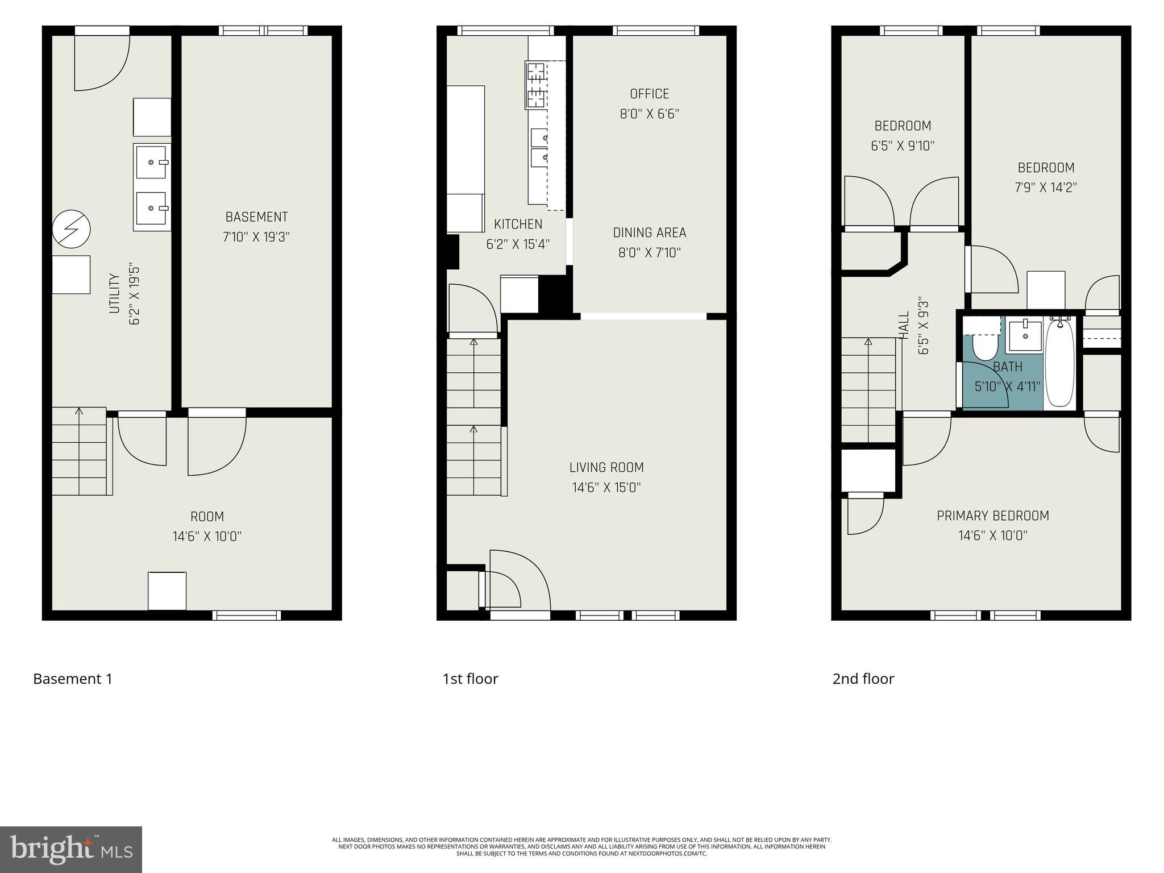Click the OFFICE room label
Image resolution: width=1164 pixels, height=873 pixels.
click(649, 94)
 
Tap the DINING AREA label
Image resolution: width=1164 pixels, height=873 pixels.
click(649, 232)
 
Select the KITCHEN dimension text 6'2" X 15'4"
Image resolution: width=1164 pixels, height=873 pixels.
click(518, 244)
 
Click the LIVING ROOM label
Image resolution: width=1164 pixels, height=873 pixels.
click(606, 467)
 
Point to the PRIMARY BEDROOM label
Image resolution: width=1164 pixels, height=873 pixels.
click(992, 516)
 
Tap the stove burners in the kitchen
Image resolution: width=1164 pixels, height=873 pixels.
click(535, 86)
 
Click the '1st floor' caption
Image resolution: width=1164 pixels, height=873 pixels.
click(470, 679)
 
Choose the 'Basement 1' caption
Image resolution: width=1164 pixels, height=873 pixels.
click(73, 679)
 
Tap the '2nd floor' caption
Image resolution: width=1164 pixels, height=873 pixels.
click(863, 679)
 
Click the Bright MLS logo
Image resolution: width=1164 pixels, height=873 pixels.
click(70, 849)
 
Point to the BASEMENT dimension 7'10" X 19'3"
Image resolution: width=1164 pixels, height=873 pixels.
click(256, 237)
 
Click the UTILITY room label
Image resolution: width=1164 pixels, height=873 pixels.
click(114, 293)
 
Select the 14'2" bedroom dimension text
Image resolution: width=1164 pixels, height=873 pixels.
click(1046, 188)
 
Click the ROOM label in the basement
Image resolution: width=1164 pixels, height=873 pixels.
click(207, 517)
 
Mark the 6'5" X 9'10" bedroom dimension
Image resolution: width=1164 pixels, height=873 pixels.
click(903, 146)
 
